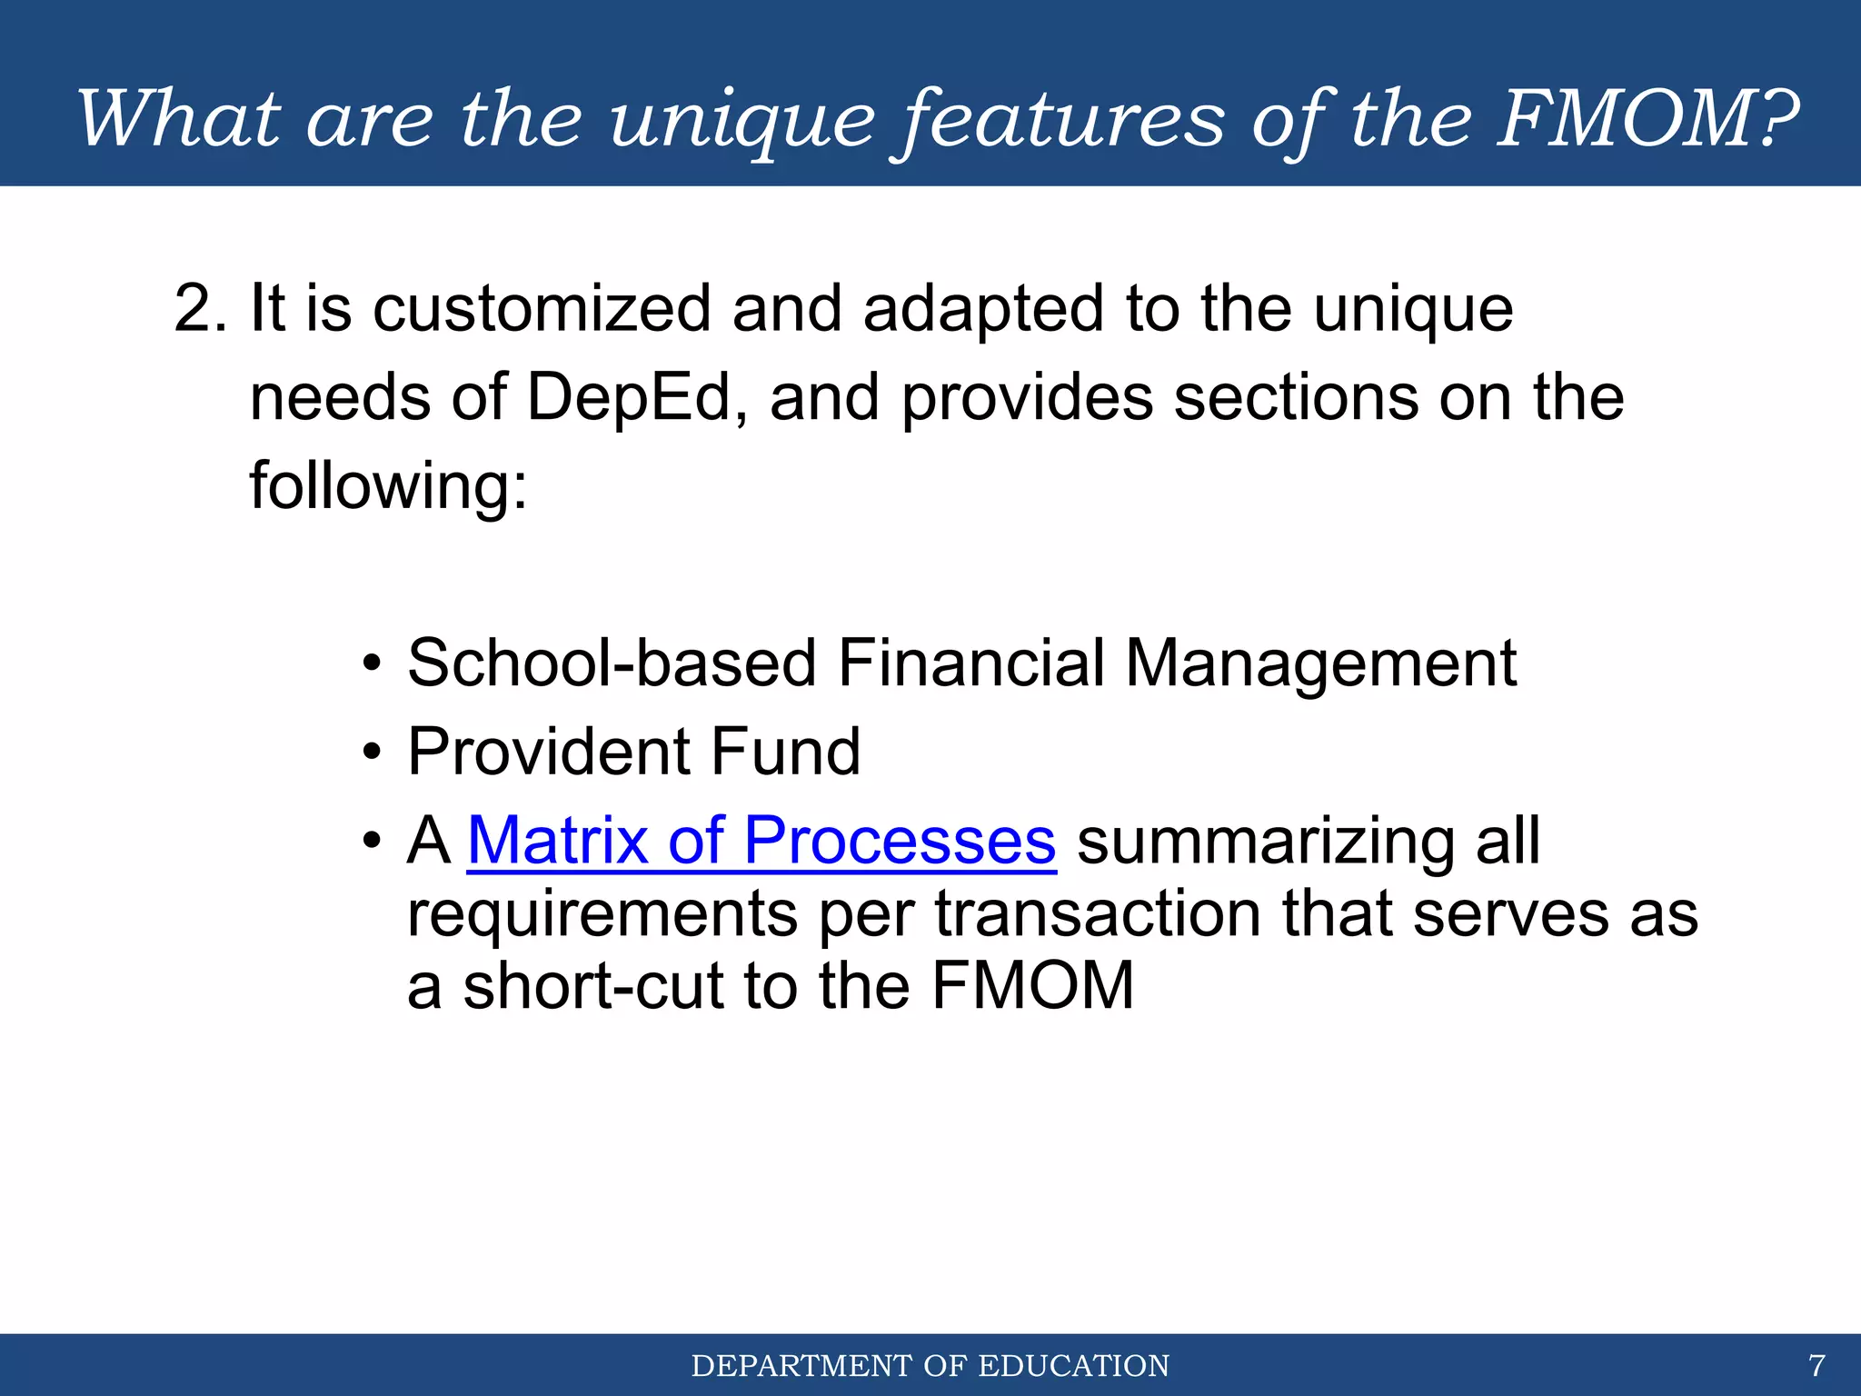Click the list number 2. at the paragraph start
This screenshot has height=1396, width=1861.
[201, 309]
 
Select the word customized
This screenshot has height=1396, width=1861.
[542, 309]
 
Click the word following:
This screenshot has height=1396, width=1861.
[389, 487]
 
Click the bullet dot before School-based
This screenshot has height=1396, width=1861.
[371, 666]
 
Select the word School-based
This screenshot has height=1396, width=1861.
[612, 663]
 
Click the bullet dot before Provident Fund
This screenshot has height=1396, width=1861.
[371, 754]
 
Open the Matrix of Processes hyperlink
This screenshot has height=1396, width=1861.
[761, 841]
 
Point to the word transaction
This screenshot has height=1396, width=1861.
[1099, 913]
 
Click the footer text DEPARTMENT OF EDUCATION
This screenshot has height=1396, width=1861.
[930, 1366]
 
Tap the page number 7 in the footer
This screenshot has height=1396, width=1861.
[1816, 1366]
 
